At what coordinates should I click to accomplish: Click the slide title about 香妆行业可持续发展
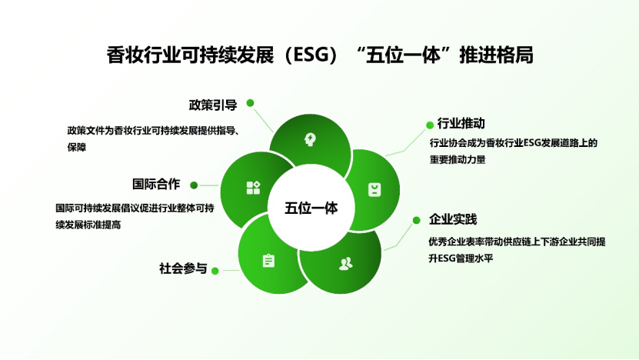[320, 55]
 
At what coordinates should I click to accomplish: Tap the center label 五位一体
[311, 208]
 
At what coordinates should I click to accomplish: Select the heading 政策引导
[213, 105]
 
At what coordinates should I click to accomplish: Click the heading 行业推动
[461, 123]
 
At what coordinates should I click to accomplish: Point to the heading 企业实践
[453, 219]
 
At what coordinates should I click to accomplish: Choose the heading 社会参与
[183, 268]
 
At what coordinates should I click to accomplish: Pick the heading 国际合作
[156, 184]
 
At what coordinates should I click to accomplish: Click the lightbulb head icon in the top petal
[310, 139]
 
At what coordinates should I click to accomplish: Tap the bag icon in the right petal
[374, 189]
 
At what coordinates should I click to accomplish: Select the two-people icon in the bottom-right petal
[345, 264]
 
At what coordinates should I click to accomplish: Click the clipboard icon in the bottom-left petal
[268, 261]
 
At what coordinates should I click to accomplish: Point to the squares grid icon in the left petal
[253, 188]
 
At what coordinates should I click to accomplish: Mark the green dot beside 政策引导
[250, 103]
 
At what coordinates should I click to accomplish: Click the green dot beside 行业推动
[430, 125]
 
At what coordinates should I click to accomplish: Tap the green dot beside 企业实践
[416, 220]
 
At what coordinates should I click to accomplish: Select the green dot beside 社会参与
[215, 271]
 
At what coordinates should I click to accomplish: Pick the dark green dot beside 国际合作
[194, 185]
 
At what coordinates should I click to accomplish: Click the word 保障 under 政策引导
[77, 147]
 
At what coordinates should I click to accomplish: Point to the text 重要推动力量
[458, 159]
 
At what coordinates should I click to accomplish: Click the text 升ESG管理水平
[461, 258]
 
